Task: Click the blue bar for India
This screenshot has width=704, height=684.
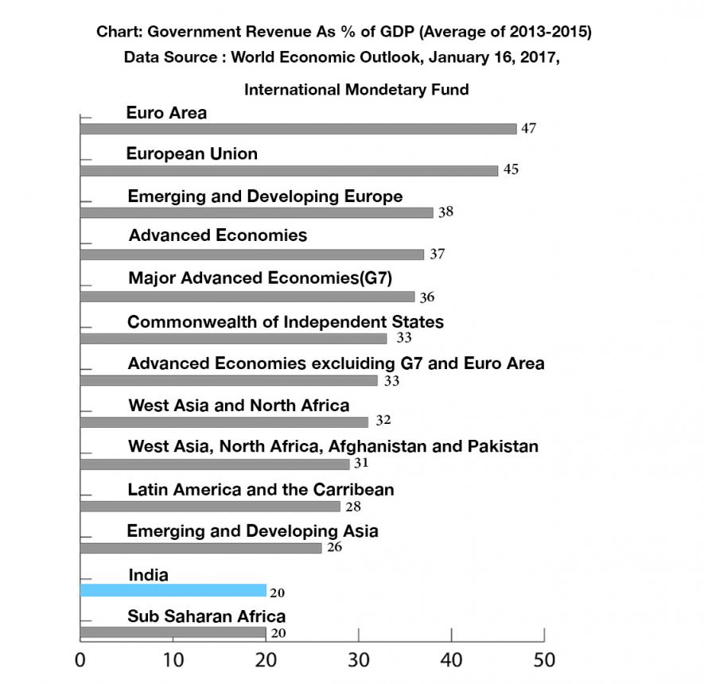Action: tap(173, 590)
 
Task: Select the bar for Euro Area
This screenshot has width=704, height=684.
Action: tap(298, 129)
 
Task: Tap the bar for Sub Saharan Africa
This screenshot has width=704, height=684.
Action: tap(173, 632)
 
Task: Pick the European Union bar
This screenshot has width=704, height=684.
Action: tap(289, 170)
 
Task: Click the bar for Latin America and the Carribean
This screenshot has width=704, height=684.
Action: tap(211, 506)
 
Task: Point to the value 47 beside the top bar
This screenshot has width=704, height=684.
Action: tap(528, 129)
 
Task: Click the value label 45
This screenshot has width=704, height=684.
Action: tap(510, 170)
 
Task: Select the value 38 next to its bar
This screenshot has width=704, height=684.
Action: tap(445, 213)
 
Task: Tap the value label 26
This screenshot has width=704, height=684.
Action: tap(334, 548)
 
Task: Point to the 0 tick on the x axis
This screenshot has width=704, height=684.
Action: tap(80, 660)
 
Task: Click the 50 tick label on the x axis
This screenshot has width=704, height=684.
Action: tap(543, 660)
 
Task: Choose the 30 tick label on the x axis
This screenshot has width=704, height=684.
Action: tap(358, 660)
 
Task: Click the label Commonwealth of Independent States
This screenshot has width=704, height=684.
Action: tap(286, 322)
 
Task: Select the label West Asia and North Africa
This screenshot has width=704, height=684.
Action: tap(239, 406)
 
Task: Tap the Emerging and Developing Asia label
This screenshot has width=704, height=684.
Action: tap(253, 530)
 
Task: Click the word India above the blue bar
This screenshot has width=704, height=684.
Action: tap(148, 574)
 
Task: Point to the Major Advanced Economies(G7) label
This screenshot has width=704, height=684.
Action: tap(261, 278)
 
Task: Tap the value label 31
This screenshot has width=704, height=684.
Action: tap(362, 464)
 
